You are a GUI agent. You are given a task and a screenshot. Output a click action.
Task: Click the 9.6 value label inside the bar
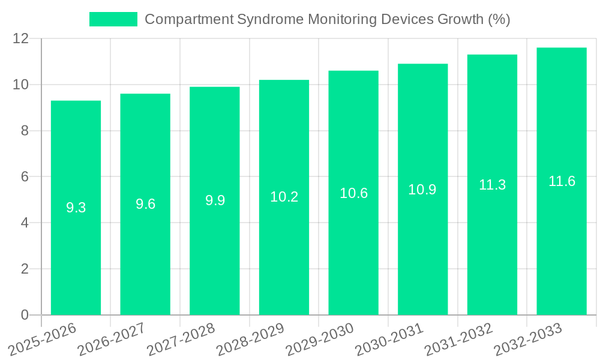click(x=145, y=204)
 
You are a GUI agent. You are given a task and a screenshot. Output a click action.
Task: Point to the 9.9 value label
click(x=215, y=200)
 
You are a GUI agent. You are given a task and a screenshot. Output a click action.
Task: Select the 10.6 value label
click(x=353, y=193)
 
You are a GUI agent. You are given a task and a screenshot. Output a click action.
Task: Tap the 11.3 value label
click(x=492, y=185)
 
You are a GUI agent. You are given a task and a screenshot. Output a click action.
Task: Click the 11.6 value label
click(x=562, y=181)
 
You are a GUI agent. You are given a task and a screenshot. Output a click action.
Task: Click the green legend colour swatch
click(x=113, y=19)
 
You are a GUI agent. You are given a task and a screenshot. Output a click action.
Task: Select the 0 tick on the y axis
click(x=25, y=315)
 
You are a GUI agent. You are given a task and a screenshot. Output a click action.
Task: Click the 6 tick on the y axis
click(x=25, y=177)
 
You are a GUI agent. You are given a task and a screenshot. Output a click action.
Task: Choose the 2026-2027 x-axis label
click(x=111, y=338)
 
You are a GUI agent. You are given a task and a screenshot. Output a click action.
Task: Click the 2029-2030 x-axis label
click(x=319, y=338)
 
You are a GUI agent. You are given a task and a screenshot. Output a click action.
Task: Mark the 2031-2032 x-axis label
click(x=458, y=338)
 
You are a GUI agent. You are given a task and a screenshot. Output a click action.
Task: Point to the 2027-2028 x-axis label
click(x=181, y=338)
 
